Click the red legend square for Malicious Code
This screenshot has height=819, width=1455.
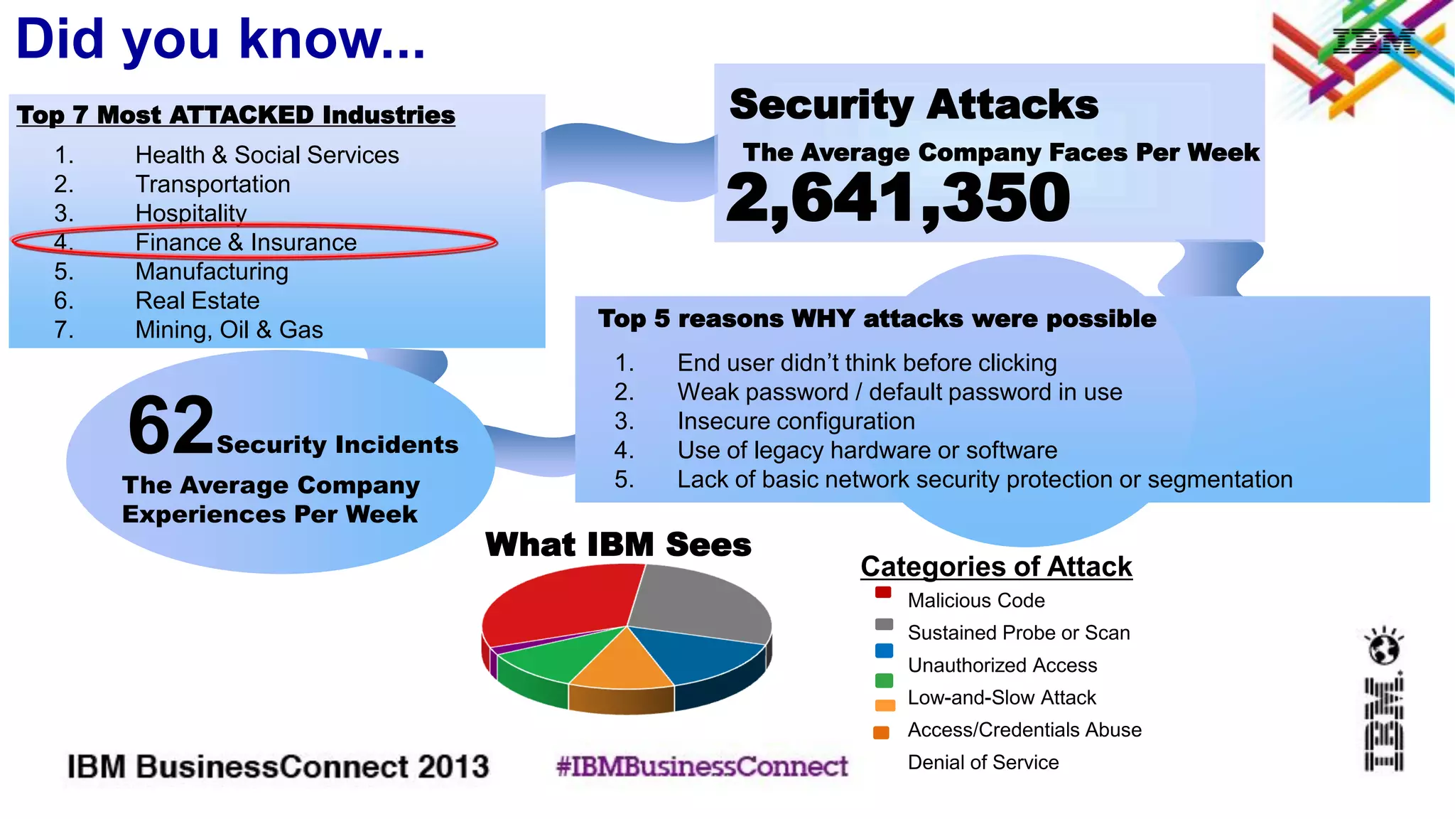coord(883,592)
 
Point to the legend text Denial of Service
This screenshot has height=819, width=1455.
coord(983,762)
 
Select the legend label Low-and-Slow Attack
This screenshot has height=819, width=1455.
coord(1001,697)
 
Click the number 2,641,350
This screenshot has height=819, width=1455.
coord(897,199)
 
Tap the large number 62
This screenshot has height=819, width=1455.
coord(171,427)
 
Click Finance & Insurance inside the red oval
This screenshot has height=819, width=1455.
coord(246,242)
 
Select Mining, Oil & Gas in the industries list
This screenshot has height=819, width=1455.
coord(229,330)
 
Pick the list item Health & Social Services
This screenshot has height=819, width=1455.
coord(267,155)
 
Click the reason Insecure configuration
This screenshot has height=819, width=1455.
coord(796,421)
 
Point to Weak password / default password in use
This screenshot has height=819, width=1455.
coord(899,392)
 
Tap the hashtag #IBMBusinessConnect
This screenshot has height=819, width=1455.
coord(702,766)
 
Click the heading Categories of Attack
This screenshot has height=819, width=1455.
coord(996,567)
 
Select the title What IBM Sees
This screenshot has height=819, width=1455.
coord(618,545)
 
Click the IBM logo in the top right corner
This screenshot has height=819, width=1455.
coord(1373,43)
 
